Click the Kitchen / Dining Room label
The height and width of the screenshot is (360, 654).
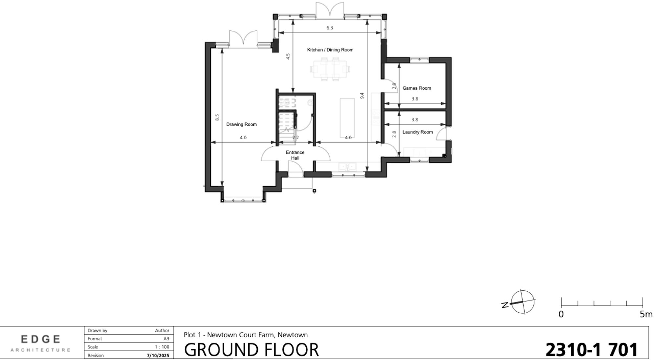point(330,50)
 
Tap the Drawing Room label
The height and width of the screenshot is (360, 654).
point(241,124)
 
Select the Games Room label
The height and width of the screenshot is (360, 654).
point(417,88)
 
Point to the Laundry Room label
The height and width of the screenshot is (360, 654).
point(417,132)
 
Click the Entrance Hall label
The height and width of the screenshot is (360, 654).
point(295,155)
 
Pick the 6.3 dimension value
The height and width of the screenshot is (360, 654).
point(330,28)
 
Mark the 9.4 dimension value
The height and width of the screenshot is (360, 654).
point(362,96)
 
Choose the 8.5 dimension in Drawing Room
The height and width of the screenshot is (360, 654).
point(217,117)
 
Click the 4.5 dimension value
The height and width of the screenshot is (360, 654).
point(288,56)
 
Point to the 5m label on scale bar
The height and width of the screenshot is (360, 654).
point(645,315)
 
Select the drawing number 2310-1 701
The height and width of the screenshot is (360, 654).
point(591,350)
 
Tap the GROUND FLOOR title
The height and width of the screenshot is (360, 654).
point(251,350)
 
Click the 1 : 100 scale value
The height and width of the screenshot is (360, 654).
point(162,347)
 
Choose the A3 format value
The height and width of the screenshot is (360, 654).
point(166,339)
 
